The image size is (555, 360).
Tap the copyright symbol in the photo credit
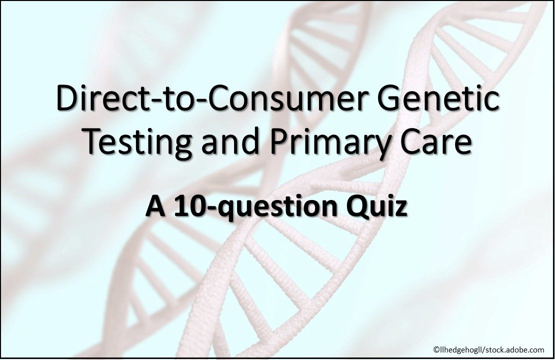pyautogui.click(x=436, y=349)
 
